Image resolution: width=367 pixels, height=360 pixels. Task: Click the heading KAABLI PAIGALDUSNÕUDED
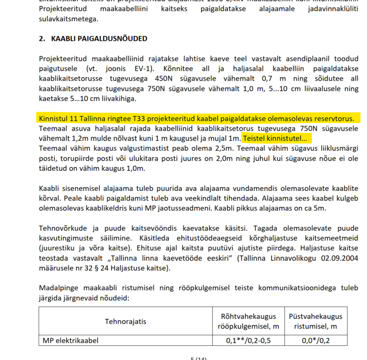click(99, 39)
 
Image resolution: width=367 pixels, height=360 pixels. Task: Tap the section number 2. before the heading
click(42, 39)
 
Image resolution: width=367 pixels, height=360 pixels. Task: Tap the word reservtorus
click(334, 119)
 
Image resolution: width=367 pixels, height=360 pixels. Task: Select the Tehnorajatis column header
click(125, 321)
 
